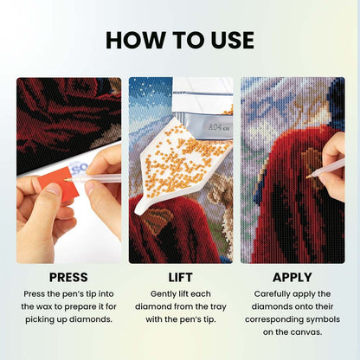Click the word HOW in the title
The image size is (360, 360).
(136, 40)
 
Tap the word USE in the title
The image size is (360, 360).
(233, 40)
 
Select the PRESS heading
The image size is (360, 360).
(68, 278)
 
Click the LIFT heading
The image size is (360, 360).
(180, 278)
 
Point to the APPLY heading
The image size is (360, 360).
(292, 278)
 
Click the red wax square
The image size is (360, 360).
(58, 183)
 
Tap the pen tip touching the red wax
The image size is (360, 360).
(66, 180)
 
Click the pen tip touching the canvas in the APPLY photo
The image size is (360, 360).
(308, 177)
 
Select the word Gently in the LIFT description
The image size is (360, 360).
(163, 294)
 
